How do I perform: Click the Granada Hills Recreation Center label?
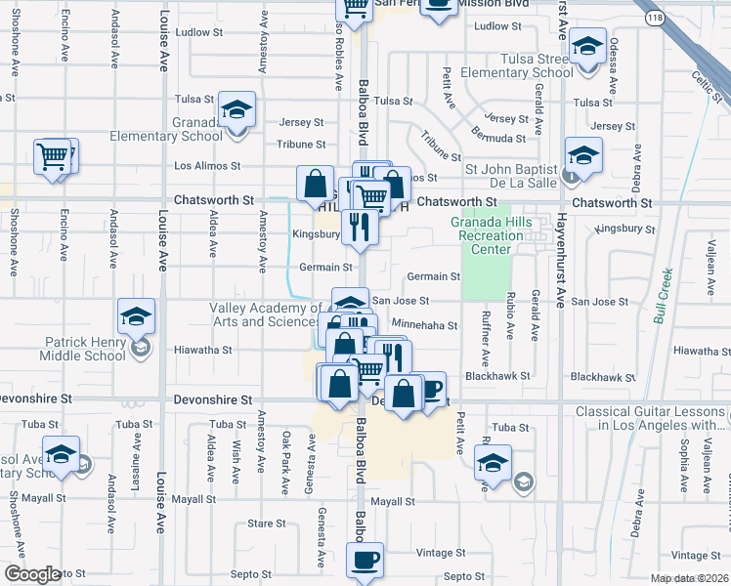click(481, 235)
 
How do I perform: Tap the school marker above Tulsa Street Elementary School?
click(587, 47)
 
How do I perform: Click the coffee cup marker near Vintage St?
click(365, 560)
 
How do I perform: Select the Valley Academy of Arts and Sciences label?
click(264, 314)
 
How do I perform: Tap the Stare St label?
click(266, 523)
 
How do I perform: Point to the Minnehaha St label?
click(424, 324)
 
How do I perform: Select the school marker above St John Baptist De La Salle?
click(583, 156)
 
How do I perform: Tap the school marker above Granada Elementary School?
click(236, 110)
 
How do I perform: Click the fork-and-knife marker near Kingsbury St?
click(360, 227)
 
